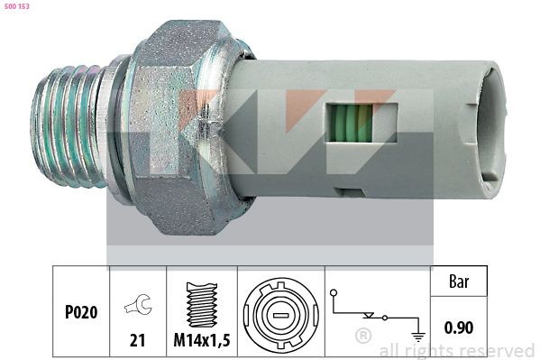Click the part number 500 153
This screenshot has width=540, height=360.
coord(18,7)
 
